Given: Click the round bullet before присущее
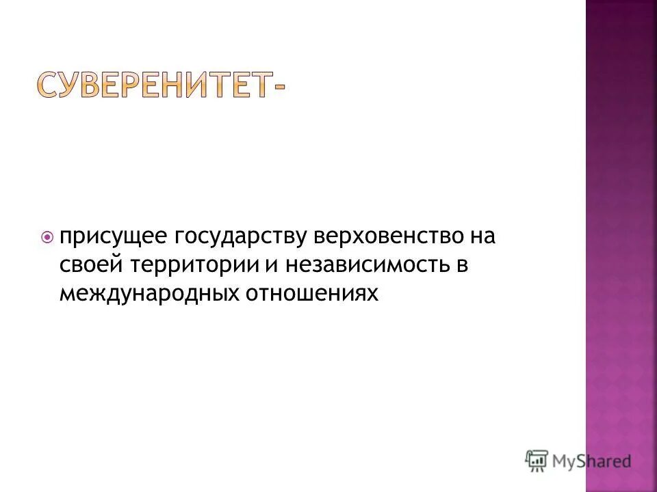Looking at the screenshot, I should (x=47, y=238).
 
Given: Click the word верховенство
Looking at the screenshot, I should (x=387, y=237).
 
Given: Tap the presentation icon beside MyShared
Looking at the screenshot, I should (x=537, y=461).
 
